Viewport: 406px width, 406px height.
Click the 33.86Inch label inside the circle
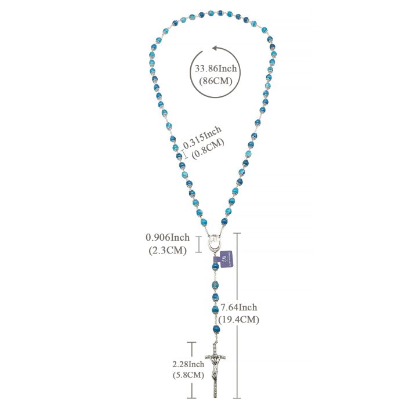[x=216, y=68]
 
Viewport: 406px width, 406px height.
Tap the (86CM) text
[x=215, y=81]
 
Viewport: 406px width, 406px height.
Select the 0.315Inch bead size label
[x=202, y=137]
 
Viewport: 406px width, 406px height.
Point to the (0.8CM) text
[x=208, y=149]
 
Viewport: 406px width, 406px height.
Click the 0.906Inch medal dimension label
[x=168, y=237]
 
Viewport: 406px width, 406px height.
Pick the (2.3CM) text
[x=168, y=251]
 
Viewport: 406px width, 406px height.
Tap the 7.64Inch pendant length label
[x=239, y=307]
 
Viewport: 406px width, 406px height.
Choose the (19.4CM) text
[x=239, y=320]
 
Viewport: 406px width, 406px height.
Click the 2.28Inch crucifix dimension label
[x=188, y=364]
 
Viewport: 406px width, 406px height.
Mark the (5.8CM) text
[x=188, y=375]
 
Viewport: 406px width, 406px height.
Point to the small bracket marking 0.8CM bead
[x=185, y=154]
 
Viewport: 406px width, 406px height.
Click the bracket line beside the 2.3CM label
[x=198, y=244]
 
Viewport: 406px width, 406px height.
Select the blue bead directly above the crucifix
[x=216, y=329]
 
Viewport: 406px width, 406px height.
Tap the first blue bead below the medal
[x=215, y=266]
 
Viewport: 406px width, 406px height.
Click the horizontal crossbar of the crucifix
[x=215, y=357]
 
